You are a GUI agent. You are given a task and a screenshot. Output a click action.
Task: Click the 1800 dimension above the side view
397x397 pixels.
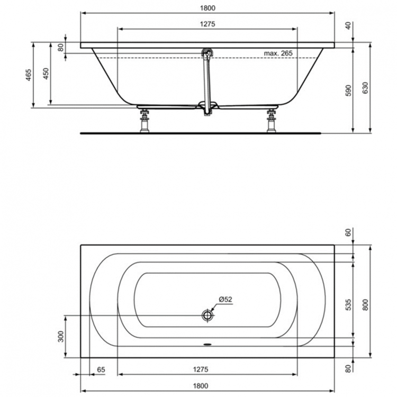(207, 8)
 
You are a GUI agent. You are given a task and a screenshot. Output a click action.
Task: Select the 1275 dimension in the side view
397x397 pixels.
(207, 24)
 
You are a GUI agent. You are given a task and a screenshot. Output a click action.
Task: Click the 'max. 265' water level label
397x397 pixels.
(278, 53)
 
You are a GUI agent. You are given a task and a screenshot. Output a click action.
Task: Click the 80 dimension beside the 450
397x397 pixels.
(61, 47)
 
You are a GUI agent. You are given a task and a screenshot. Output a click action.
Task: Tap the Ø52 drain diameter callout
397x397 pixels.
(225, 299)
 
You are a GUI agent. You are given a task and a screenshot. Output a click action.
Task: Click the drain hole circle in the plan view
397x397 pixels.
(207, 315)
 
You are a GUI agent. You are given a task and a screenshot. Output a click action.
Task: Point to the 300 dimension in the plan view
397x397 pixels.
(60, 336)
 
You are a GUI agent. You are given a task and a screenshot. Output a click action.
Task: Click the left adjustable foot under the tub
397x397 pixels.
(143, 121)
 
